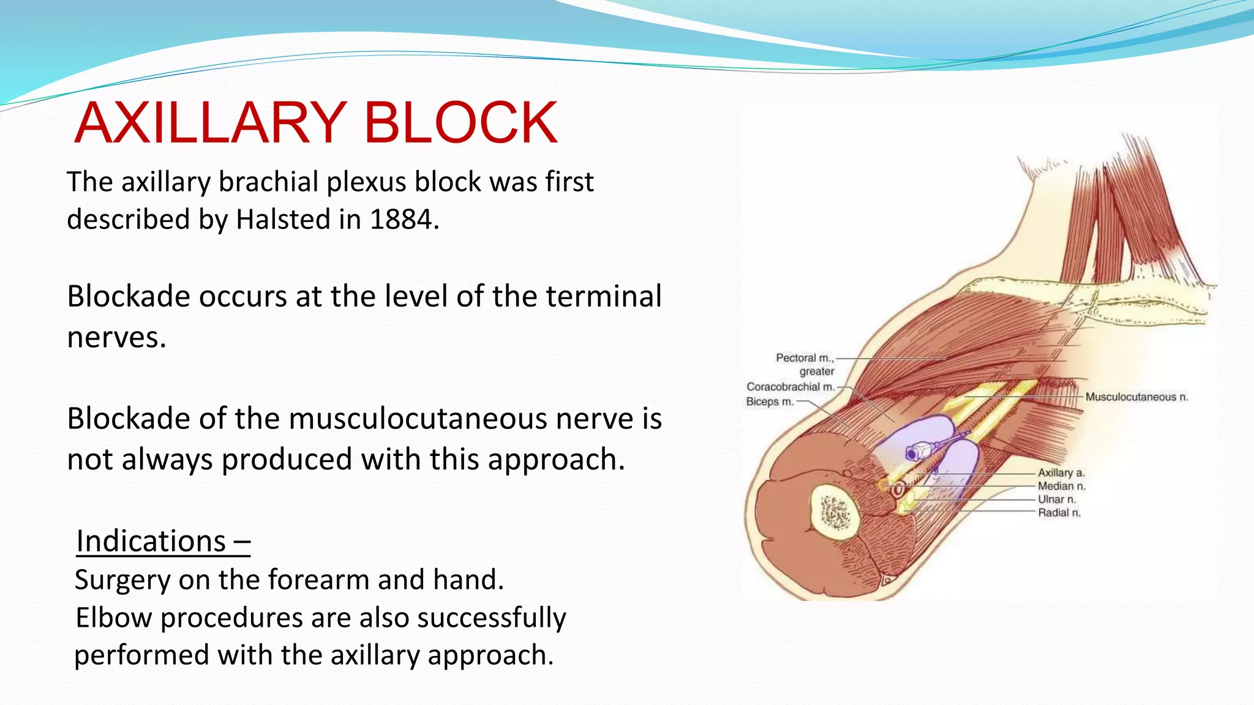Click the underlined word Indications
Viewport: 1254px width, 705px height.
tap(151, 542)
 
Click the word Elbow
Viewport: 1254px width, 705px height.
tap(113, 617)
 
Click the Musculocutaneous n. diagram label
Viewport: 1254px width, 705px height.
tap(1136, 397)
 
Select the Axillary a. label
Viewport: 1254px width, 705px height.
tap(1061, 473)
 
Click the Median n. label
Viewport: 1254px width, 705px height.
tap(1061, 487)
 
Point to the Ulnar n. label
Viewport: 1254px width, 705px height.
tap(1056, 500)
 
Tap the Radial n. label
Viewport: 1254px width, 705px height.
tap(1059, 513)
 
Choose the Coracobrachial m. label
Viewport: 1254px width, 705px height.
tap(790, 387)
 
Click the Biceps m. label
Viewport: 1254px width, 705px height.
tap(769, 402)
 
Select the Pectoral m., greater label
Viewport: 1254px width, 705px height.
tap(805, 364)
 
